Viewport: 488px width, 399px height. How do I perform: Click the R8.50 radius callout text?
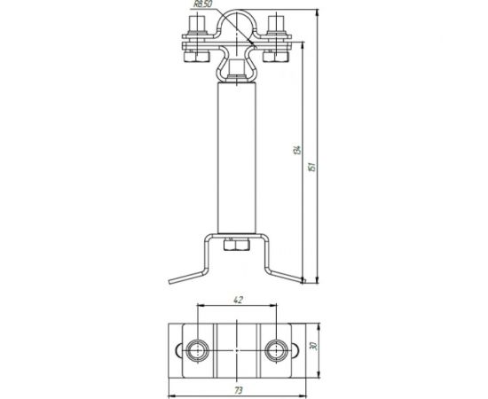click(203, 4)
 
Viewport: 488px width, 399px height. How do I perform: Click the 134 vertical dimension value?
click(297, 150)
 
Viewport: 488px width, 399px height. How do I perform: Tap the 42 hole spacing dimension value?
click(238, 300)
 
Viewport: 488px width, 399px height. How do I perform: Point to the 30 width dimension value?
click(314, 346)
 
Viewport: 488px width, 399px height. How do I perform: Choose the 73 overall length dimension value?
click(238, 390)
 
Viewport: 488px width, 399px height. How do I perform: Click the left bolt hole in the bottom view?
click(197, 350)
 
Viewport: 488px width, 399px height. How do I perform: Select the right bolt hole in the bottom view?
click(276, 350)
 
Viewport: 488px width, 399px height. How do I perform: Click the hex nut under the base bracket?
click(237, 245)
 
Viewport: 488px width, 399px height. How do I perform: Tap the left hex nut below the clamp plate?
click(196, 57)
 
